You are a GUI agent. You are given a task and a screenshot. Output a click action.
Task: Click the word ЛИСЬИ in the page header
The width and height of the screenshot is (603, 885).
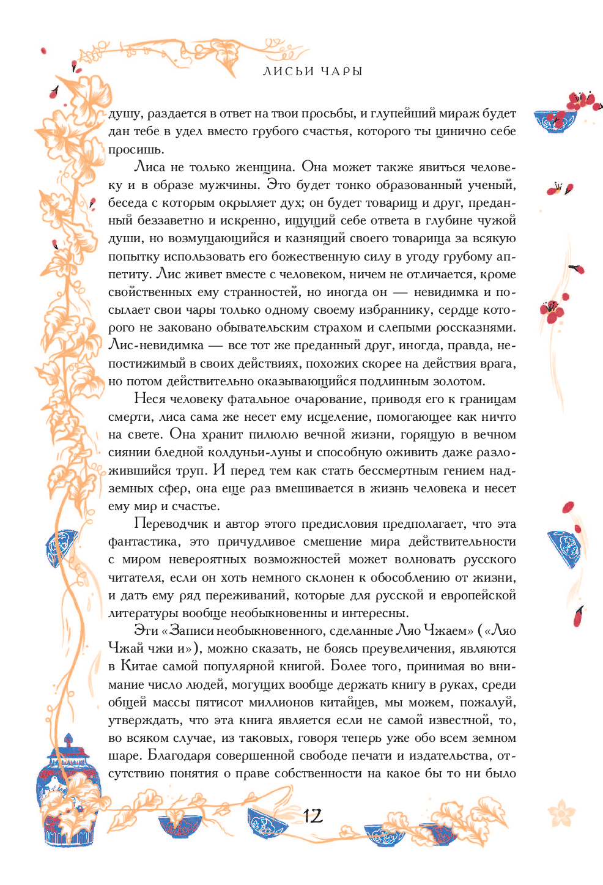(288, 72)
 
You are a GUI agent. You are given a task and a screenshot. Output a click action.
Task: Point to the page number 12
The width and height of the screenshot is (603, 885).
(313, 816)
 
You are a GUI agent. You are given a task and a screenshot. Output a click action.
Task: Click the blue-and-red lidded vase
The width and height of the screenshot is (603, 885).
(67, 795)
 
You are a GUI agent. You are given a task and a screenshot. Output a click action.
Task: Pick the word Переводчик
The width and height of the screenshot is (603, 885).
(171, 524)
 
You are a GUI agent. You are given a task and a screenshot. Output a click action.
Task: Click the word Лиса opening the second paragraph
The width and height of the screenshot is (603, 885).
(149, 168)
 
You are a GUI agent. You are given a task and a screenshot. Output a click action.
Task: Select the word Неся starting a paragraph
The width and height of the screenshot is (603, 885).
(150, 399)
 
